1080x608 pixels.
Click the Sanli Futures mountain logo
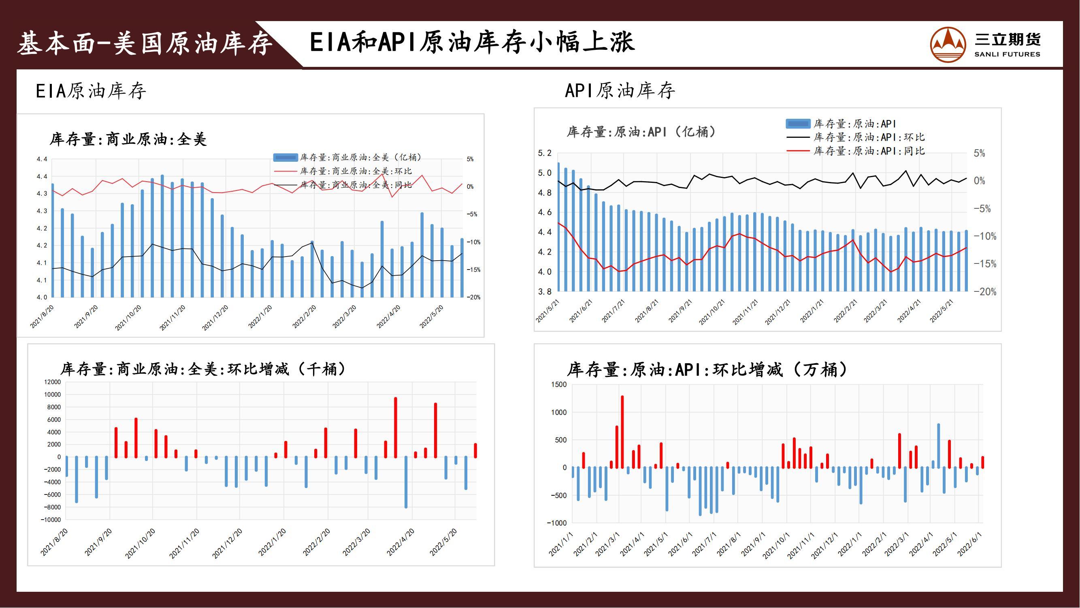(948, 44)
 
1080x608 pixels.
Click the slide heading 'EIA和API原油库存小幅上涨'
(472, 43)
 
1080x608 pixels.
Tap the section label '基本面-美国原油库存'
(145, 44)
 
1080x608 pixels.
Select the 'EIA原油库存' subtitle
(91, 91)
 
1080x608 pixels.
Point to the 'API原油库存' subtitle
(620, 91)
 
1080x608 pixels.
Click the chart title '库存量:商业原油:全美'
(128, 139)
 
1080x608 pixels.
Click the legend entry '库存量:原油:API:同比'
(869, 151)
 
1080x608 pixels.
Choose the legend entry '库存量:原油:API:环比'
(869, 137)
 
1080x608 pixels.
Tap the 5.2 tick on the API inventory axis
(545, 153)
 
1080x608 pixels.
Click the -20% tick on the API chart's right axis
(984, 291)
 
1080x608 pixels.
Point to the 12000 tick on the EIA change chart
(52, 382)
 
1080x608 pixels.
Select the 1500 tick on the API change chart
(558, 384)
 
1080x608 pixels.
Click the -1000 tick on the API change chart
(557, 523)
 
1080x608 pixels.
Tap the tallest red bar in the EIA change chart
(395, 427)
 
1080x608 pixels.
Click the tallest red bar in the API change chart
(622, 431)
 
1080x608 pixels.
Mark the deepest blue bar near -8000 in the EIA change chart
(406, 482)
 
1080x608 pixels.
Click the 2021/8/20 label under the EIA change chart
(54, 542)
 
